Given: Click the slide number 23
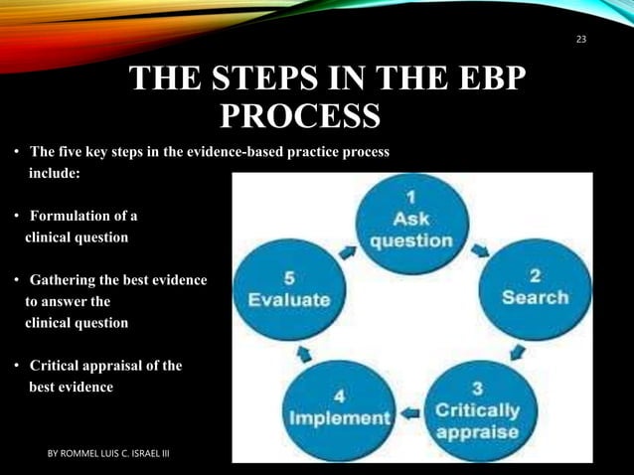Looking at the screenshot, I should pyautogui.click(x=581, y=39).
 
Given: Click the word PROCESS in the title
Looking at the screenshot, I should pyautogui.click(x=299, y=116).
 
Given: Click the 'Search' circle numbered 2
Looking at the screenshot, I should pyautogui.click(x=535, y=288).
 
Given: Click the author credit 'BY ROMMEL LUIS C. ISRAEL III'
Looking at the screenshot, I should pyautogui.click(x=109, y=453).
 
